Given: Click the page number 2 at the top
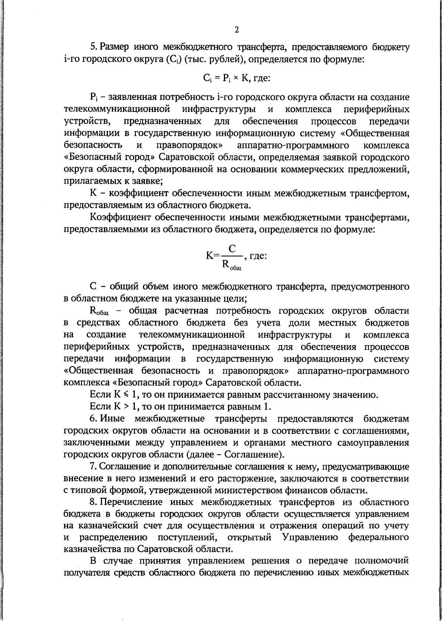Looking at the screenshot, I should click(236, 30).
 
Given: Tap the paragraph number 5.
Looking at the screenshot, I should click(93, 47).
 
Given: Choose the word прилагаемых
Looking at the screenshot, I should click(84, 181).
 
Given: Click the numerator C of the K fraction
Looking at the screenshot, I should click(232, 248).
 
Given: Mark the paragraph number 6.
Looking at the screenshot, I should click(93, 419).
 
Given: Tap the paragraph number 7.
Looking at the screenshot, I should click(93, 467).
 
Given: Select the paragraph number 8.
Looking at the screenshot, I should click(93, 502).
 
